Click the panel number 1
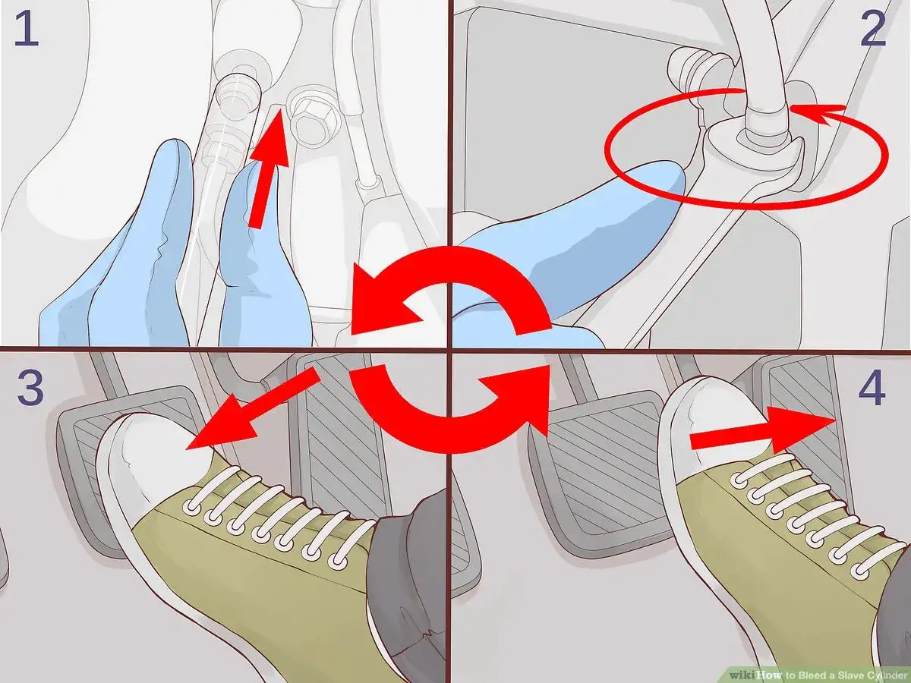(x=27, y=30)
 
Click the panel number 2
(x=873, y=30)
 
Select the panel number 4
(x=872, y=388)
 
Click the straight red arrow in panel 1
(x=268, y=168)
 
